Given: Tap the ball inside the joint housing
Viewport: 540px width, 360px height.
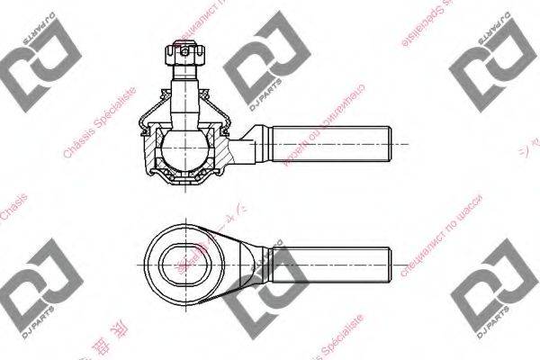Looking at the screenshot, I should (x=184, y=144).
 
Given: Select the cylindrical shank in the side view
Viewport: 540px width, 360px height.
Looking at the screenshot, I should (x=328, y=144).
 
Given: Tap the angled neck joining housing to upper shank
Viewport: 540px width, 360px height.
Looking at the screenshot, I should (x=247, y=144).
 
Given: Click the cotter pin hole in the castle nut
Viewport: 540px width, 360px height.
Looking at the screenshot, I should (x=183, y=53).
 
